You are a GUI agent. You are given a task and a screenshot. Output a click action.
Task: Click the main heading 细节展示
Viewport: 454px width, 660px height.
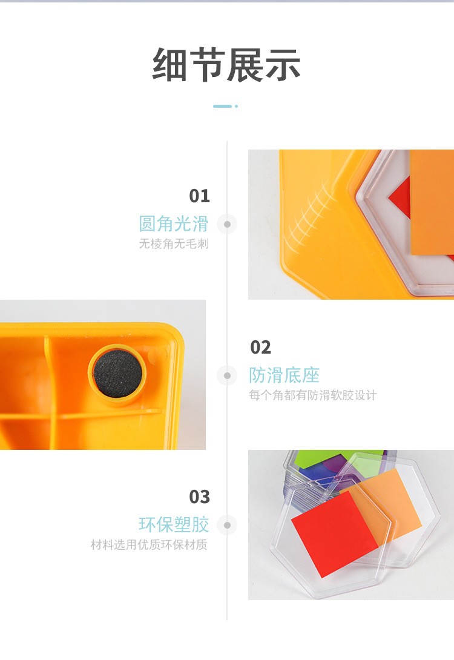pos(226,65)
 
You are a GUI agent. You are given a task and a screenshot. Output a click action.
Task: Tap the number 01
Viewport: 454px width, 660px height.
pos(199,196)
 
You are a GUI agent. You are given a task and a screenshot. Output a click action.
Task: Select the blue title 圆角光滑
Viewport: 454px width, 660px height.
pos(174,223)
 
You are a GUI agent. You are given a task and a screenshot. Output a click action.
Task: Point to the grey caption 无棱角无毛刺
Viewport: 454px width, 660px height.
pos(174,243)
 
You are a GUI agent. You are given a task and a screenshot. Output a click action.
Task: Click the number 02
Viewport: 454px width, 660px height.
pos(260,348)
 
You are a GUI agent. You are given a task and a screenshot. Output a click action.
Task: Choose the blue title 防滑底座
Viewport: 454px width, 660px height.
pos(285,375)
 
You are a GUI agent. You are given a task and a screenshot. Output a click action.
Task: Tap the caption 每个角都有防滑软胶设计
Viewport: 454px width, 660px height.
pos(312,395)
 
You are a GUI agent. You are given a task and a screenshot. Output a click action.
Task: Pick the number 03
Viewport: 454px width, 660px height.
pos(199,497)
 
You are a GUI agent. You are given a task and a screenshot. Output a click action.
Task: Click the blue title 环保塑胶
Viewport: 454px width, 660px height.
pos(174,525)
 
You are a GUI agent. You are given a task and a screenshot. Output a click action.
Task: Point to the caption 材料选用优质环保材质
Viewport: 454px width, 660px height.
pos(149,545)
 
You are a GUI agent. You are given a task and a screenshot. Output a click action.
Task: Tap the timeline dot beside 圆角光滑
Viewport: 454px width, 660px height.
pos(227,225)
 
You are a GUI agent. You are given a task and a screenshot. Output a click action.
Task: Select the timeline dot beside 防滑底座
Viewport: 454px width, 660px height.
pos(227,375)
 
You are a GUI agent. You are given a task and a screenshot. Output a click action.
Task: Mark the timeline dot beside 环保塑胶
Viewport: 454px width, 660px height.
pos(227,526)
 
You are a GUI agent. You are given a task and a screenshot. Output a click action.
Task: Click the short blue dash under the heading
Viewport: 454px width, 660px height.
pos(223,106)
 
